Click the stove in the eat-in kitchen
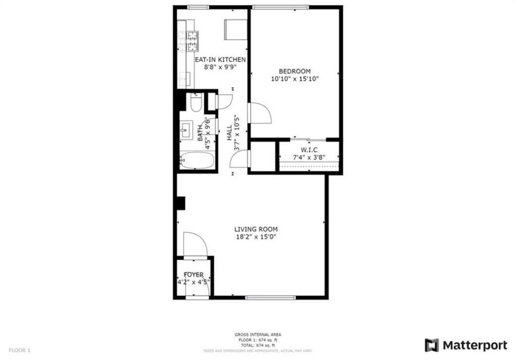pyautogui.click(x=192, y=41)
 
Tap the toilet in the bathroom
pyautogui.click(x=196, y=103)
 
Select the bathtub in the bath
pyautogui.click(x=197, y=161)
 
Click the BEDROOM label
pyautogui.click(x=295, y=71)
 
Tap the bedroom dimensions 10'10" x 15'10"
pyautogui.click(x=295, y=79)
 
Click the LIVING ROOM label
pyautogui.click(x=256, y=229)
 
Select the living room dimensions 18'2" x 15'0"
pyautogui.click(x=256, y=237)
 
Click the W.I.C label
pyautogui.click(x=309, y=150)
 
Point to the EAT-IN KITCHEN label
pyautogui.click(x=220, y=59)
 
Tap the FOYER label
pyautogui.click(x=193, y=274)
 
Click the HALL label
pyautogui.click(x=229, y=133)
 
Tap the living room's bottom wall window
pyautogui.click(x=271, y=298)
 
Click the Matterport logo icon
pyautogui.click(x=431, y=345)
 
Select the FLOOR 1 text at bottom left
pyautogui.click(x=20, y=349)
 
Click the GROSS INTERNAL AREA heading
pyautogui.click(x=258, y=334)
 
